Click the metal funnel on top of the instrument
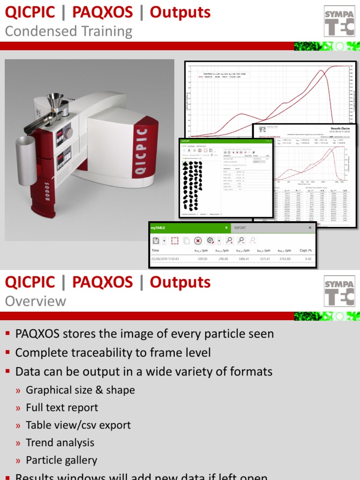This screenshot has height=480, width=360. pyautogui.click(x=54, y=100)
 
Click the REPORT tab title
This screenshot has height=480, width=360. pyautogui.click(x=240, y=228)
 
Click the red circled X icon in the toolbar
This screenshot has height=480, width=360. pyautogui.click(x=198, y=240)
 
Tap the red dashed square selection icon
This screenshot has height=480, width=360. pyautogui.click(x=174, y=240)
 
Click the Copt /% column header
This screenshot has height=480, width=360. pyautogui.click(x=305, y=251)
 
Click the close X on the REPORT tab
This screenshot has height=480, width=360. pyautogui.click(x=310, y=228)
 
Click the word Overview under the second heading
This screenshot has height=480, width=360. pyautogui.click(x=36, y=301)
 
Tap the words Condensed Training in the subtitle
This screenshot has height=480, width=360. pyautogui.click(x=68, y=31)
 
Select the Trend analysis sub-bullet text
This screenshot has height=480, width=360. pyautogui.click(x=60, y=442)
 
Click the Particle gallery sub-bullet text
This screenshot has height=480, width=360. pyautogui.click(x=61, y=460)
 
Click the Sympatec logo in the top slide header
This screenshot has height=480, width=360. pyautogui.click(x=337, y=21)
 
